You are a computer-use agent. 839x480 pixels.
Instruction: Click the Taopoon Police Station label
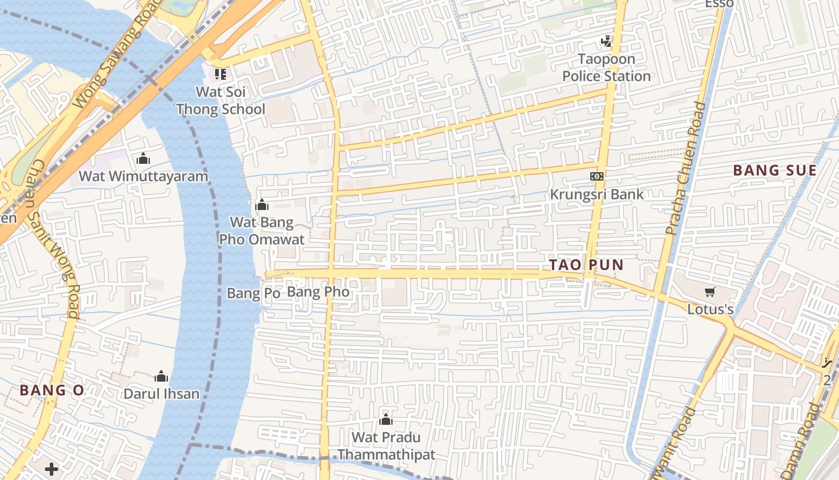pyautogui.click(x=606, y=68)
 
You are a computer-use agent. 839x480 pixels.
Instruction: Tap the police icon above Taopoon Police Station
pyautogui.click(x=606, y=41)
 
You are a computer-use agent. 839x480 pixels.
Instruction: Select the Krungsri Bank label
pyautogui.click(x=597, y=194)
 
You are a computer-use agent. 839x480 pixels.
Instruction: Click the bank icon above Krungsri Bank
pyautogui.click(x=597, y=176)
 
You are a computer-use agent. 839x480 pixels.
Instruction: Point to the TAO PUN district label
pyautogui.click(x=587, y=265)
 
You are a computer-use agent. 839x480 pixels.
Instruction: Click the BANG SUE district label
pyautogui.click(x=775, y=170)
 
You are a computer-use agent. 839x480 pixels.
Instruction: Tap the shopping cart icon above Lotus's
pyautogui.click(x=710, y=292)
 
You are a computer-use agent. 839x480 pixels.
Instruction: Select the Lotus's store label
pyautogui.click(x=710, y=310)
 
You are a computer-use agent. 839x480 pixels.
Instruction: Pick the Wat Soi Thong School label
pyautogui.click(x=221, y=100)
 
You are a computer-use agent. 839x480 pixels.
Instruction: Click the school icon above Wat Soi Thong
pyautogui.click(x=221, y=74)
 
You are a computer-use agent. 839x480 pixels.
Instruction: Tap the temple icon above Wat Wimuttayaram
pyautogui.click(x=143, y=158)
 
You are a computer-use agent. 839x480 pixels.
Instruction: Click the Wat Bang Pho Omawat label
pyautogui.click(x=262, y=231)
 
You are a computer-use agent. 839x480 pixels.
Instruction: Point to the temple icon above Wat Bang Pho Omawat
pyautogui.click(x=262, y=205)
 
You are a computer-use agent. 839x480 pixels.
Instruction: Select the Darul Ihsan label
pyautogui.click(x=161, y=394)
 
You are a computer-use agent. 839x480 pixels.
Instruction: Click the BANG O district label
pyautogui.click(x=52, y=390)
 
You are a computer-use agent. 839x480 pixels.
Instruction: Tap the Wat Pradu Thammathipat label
pyautogui.click(x=386, y=446)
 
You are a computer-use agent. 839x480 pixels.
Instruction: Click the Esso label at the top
pyautogui.click(x=719, y=4)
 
